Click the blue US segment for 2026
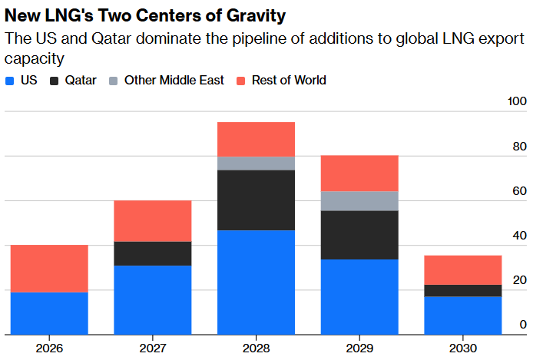click(49, 313)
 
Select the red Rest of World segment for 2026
click(49, 269)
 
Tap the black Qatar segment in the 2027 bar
click(153, 253)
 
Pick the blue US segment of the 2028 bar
click(257, 282)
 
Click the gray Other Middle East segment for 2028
click(257, 163)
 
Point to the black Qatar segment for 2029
click(359, 235)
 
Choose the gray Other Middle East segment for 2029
click(359, 201)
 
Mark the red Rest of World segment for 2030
click(463, 270)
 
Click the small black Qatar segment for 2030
click(463, 291)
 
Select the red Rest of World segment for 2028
click(257, 139)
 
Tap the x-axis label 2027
click(153, 348)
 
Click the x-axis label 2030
click(463, 348)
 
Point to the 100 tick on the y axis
click(518, 102)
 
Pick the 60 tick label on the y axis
click(520, 191)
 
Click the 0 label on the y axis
click(523, 325)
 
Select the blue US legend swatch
click(9, 80)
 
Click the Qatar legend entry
click(74, 80)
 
